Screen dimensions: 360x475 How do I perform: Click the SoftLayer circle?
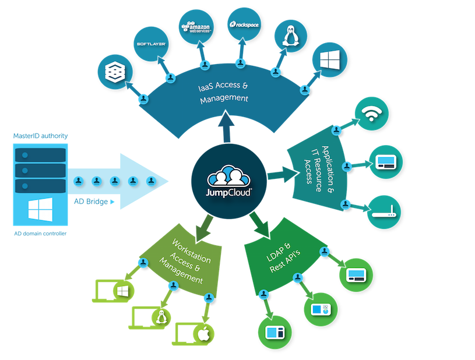[x=151, y=44]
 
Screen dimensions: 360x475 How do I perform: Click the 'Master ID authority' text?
[x=40, y=136]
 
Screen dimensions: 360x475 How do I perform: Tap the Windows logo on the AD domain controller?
[x=40, y=207]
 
